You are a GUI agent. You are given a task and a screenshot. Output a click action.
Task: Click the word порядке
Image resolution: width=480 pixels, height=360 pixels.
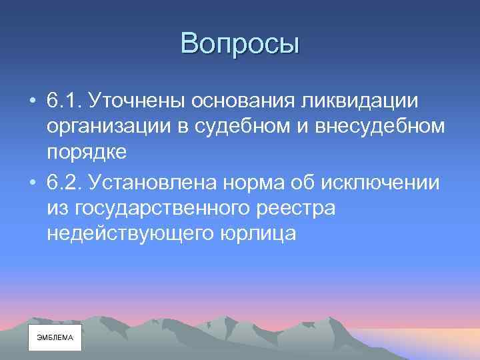pyautogui.click(x=87, y=153)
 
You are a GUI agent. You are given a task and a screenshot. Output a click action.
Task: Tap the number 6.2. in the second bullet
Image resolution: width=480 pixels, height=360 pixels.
pyautogui.click(x=65, y=181)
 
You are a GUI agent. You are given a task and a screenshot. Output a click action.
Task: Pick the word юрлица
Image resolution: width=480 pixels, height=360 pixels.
pyautogui.click(x=255, y=233)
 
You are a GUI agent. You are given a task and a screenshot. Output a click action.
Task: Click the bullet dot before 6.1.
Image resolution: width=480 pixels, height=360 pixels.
pyautogui.click(x=33, y=102)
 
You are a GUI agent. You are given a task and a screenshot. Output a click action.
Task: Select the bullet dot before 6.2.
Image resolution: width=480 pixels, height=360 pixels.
pyautogui.click(x=33, y=182)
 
